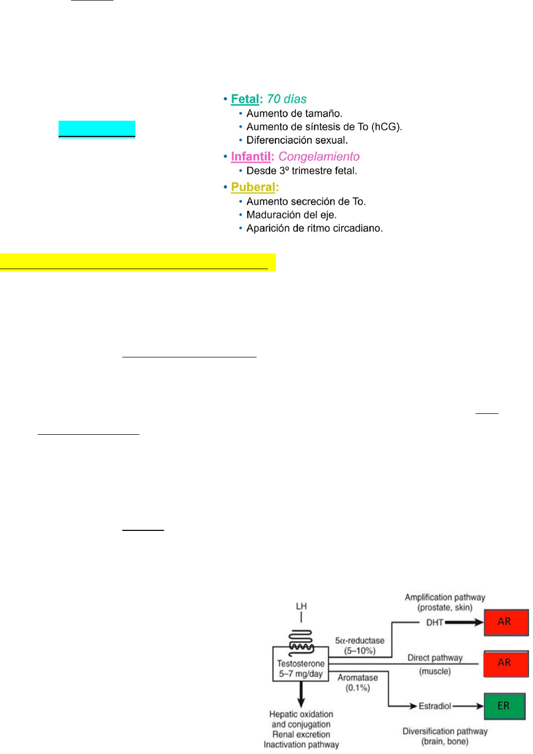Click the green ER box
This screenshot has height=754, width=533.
(504, 706)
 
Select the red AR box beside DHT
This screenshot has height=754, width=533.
(506, 622)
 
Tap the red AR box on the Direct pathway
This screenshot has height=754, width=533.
(506, 664)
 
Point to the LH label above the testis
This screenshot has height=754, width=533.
(301, 606)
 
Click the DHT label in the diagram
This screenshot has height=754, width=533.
(434, 622)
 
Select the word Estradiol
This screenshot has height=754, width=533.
(434, 706)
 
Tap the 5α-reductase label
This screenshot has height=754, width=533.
(360, 641)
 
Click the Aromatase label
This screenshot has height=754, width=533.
(357, 678)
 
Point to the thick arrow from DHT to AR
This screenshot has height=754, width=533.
(464, 622)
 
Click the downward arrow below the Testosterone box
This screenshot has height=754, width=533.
(301, 694)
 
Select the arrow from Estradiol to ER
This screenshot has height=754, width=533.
(468, 706)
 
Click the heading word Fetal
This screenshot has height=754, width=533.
(245, 99)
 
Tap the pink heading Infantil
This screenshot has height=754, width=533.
(250, 157)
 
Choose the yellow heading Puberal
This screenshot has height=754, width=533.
(253, 187)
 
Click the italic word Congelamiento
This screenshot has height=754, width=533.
(319, 157)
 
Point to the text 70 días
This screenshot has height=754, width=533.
(286, 99)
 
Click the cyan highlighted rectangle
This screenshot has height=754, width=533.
(97, 129)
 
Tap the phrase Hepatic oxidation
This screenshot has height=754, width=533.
(301, 714)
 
